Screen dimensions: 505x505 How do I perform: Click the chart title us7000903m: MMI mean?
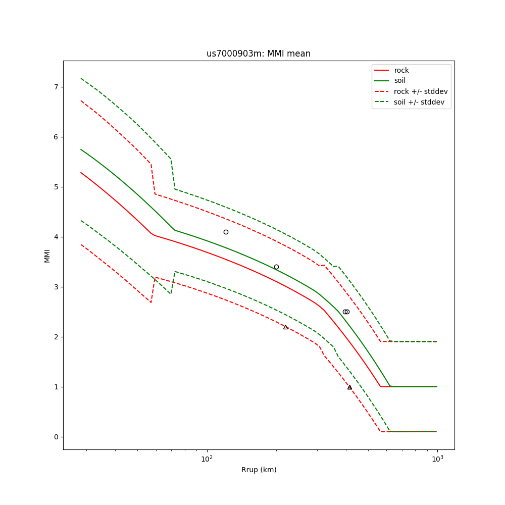(258, 54)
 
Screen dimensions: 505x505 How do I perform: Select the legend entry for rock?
(401, 70)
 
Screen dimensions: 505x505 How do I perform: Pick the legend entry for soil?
(400, 81)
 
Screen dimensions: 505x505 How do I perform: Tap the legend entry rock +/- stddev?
(421, 91)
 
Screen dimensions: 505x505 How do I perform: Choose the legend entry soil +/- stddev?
(421, 102)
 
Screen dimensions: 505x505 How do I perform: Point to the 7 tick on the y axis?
(56, 87)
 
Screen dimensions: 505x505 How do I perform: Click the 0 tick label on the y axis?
(56, 437)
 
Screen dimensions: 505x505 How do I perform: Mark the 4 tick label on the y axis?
(56, 237)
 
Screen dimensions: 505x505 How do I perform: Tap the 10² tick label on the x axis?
(207, 459)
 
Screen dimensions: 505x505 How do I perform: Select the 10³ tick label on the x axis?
(437, 459)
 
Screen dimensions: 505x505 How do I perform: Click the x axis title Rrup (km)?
(259, 470)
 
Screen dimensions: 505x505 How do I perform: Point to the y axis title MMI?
(47, 256)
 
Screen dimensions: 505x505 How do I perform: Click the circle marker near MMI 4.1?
(226, 232)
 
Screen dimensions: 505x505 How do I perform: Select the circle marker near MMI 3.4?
(276, 267)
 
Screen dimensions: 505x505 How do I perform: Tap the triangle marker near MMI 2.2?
(285, 327)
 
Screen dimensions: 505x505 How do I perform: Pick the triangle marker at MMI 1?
(349, 387)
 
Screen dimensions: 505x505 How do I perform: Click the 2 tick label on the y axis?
(56, 337)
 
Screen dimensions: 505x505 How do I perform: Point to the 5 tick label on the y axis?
(56, 187)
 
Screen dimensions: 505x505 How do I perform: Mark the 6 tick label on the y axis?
(56, 137)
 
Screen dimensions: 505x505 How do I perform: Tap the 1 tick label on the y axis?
(56, 387)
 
